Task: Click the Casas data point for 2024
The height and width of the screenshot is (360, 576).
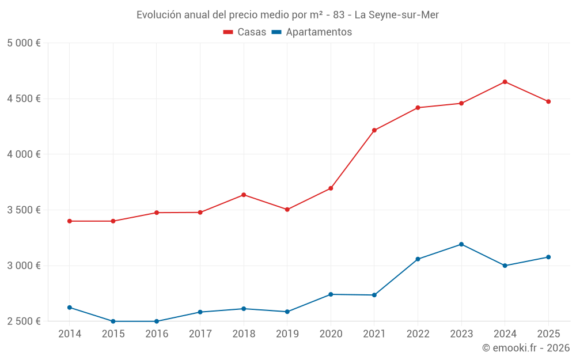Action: (x=505, y=82)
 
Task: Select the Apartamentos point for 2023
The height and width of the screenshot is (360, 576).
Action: (x=461, y=244)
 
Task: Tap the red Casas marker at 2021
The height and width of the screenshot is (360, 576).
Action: (x=374, y=130)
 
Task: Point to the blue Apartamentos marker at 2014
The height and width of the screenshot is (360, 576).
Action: (x=70, y=308)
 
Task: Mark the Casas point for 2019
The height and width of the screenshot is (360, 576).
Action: (x=287, y=210)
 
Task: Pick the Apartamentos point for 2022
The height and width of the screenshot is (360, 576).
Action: (x=418, y=259)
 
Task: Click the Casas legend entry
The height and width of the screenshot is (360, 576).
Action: (x=245, y=32)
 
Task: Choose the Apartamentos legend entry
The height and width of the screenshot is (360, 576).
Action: (x=311, y=32)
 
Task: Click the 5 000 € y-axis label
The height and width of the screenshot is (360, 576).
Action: (x=24, y=43)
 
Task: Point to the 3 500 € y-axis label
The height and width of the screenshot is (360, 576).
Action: (x=24, y=210)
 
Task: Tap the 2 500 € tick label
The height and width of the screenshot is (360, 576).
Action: (x=24, y=321)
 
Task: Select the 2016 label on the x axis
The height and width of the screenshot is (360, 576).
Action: (x=157, y=334)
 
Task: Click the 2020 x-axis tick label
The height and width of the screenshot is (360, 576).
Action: (x=331, y=334)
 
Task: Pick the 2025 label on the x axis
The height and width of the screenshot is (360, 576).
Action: (x=548, y=334)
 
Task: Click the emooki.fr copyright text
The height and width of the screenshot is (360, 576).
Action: (x=525, y=348)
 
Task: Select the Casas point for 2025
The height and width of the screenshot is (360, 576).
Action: (x=548, y=101)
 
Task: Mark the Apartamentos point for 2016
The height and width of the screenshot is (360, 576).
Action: (x=157, y=321)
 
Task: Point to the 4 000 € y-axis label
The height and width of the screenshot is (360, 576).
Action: (x=24, y=154)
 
